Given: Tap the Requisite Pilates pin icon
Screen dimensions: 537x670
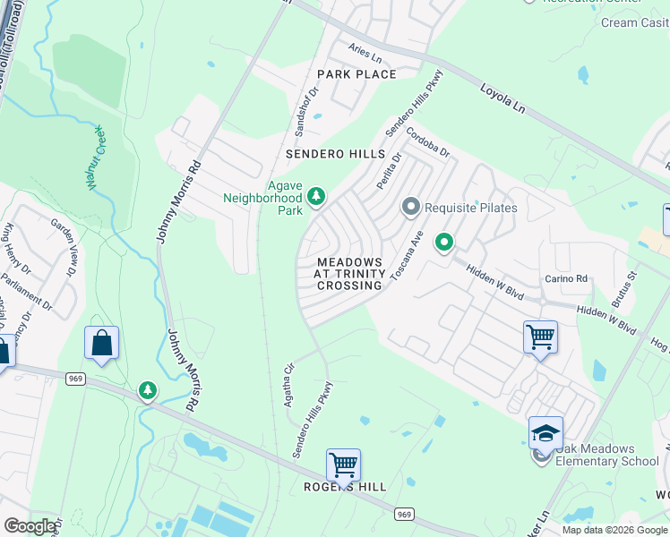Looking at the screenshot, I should pos(411,208).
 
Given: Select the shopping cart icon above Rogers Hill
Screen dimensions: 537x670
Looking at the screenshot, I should pos(343,465).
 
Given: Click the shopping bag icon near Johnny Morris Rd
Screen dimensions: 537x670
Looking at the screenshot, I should pos(102,343).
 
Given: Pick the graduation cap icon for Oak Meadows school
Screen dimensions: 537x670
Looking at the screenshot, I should pos(545,433).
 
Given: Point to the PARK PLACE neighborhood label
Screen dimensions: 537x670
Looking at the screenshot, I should pos(356,74).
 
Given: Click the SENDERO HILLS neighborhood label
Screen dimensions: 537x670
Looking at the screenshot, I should pos(334,154).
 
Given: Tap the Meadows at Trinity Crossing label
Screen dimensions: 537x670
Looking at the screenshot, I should pos(349,273).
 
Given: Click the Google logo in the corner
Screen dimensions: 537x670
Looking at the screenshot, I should pos(30,526).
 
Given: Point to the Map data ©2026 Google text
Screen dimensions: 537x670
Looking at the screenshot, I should pos(614,530).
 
